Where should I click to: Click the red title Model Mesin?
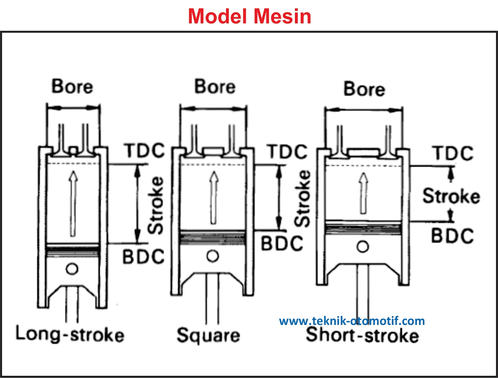pyautogui.click(x=250, y=16)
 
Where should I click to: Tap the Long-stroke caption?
pyautogui.click(x=70, y=334)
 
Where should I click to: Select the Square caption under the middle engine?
pyautogui.click(x=208, y=335)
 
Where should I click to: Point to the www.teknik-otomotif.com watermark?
pyautogui.click(x=352, y=321)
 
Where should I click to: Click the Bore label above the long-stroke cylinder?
pyautogui.click(x=72, y=86)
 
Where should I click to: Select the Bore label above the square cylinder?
pyautogui.click(x=215, y=87)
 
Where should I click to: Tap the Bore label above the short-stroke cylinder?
pyautogui.click(x=364, y=89)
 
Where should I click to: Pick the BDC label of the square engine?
pyautogui.click(x=282, y=243)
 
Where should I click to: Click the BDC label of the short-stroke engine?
pyautogui.click(x=452, y=236)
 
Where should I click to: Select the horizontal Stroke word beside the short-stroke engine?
pyautogui.click(x=451, y=196)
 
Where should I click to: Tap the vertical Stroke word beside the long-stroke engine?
pyautogui.click(x=156, y=205)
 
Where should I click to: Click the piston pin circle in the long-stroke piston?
pyautogui.click(x=72, y=269)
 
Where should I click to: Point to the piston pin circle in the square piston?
pyautogui.click(x=213, y=256)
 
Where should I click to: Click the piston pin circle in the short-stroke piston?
pyautogui.click(x=363, y=247)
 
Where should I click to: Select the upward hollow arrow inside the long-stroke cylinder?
pyautogui.click(x=73, y=204)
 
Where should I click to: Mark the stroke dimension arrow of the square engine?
pyautogui.click(x=279, y=198)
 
